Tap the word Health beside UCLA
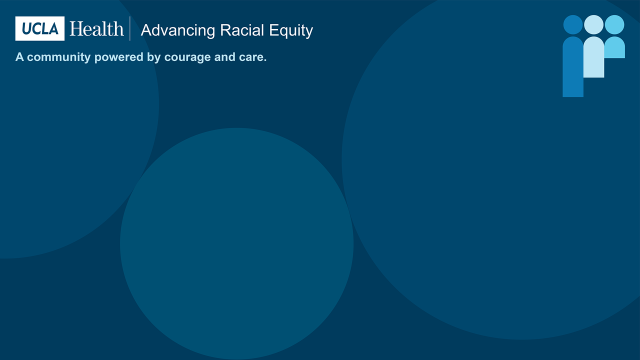point(96,29)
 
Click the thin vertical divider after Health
point(131,29)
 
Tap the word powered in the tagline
point(123,57)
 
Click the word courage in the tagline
point(192,57)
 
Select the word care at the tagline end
point(254,57)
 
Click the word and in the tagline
point(227,57)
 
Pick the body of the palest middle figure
point(594,57)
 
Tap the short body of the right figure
point(614,48)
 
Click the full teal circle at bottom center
point(237,243)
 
